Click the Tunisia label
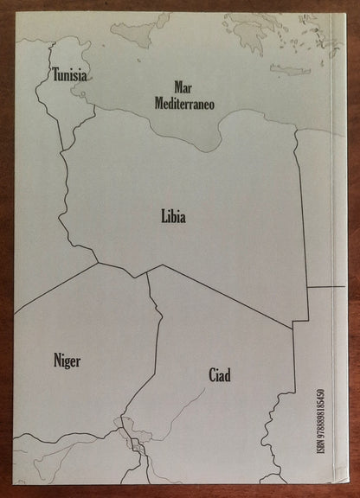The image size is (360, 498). pos(69,75)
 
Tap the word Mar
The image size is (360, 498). pos(183,87)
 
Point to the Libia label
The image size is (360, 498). pos(173,217)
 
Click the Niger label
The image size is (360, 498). pos(67,361)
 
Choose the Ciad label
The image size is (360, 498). pos(219,375)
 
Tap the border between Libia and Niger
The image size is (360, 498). pos(122,269)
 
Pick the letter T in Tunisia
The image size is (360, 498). pos(55,75)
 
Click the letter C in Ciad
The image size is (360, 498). pos(210,375)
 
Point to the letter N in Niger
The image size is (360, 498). pos(56,361)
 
